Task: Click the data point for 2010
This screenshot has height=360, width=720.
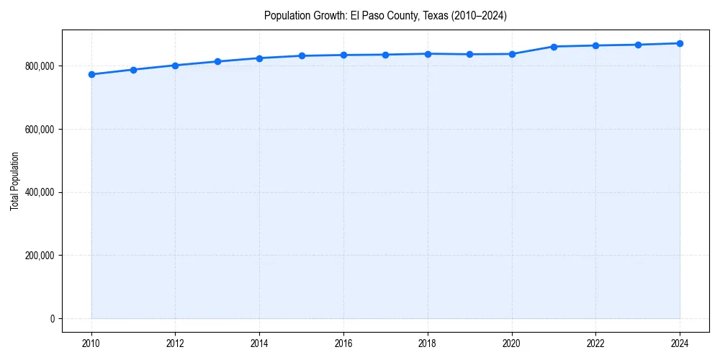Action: click(x=91, y=74)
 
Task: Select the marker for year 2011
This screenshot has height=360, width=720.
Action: click(x=133, y=70)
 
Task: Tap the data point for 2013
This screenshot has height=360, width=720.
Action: click(x=217, y=61)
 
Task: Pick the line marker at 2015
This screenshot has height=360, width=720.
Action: click(x=302, y=55)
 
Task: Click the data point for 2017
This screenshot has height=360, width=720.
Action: click(x=385, y=55)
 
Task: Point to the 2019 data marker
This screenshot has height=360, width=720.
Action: click(x=469, y=54)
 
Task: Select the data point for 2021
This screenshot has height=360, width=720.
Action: click(x=554, y=47)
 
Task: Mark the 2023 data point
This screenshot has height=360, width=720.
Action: click(x=638, y=45)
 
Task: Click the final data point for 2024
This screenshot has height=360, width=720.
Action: click(x=680, y=43)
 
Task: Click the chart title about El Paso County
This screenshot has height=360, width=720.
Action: click(x=385, y=16)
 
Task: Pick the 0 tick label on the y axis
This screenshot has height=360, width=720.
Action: click(x=52, y=319)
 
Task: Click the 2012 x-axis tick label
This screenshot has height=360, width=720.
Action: click(x=175, y=343)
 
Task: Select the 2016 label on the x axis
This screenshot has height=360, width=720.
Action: click(x=343, y=343)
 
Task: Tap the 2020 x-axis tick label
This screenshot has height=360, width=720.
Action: click(x=512, y=343)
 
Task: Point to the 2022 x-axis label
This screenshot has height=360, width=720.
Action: click(x=595, y=343)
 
